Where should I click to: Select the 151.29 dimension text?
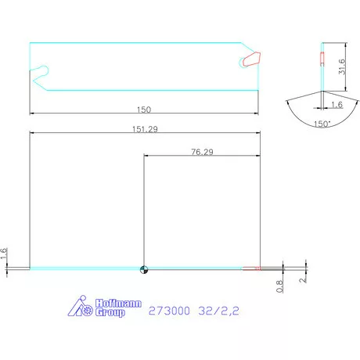click(144, 128)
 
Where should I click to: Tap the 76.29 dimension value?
click(201, 153)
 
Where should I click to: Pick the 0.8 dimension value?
click(279, 286)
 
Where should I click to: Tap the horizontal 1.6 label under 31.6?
click(337, 103)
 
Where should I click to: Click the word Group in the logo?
click(110, 312)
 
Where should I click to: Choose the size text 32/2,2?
click(218, 311)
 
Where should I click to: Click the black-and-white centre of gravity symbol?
click(143, 270)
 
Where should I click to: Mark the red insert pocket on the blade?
click(250, 59)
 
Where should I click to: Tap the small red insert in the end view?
click(322, 58)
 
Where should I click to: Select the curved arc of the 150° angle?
click(322, 116)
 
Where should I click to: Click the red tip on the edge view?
click(252, 269)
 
